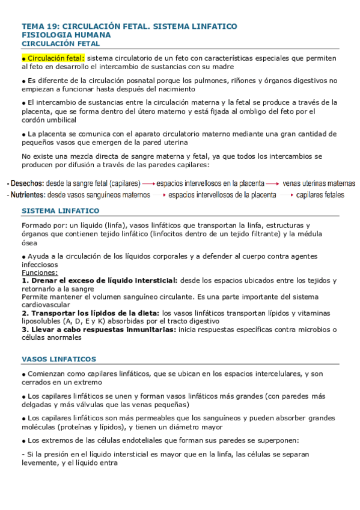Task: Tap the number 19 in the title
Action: pyautogui.click(x=52, y=26)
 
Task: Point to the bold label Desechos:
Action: pyautogui.click(x=27, y=183)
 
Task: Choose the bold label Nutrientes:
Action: pyautogui.click(x=27, y=195)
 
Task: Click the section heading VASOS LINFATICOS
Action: pyautogui.click(x=58, y=359)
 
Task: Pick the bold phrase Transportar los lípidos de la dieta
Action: pyautogui.click(x=94, y=313)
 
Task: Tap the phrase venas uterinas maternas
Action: pyautogui.click(x=319, y=183)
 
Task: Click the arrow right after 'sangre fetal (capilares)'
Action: pyautogui.click(x=149, y=183)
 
